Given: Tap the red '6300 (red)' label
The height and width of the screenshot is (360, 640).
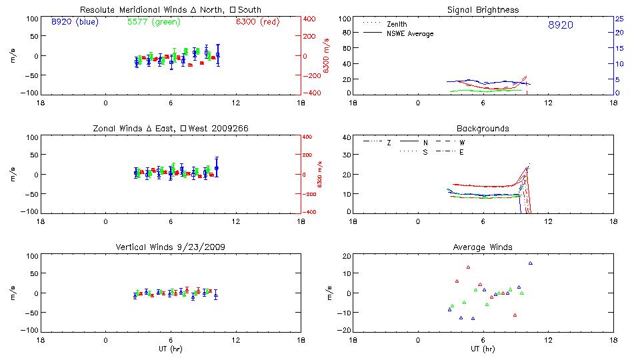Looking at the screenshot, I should click(x=257, y=22).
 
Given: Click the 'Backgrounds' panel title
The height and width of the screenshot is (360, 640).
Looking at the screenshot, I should click(x=483, y=128).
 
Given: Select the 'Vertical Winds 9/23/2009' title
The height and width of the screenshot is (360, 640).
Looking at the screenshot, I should click(x=170, y=247).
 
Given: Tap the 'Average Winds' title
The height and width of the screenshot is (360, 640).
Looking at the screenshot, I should click(x=483, y=247).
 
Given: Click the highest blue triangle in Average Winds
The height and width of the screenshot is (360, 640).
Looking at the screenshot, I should click(x=531, y=263).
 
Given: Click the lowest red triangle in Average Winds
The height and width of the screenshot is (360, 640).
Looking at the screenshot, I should click(x=515, y=315).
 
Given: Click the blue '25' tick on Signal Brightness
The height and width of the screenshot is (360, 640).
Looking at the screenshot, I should click(x=619, y=19).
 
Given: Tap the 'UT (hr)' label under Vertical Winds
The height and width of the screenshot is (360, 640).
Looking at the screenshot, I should click(x=170, y=349).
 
